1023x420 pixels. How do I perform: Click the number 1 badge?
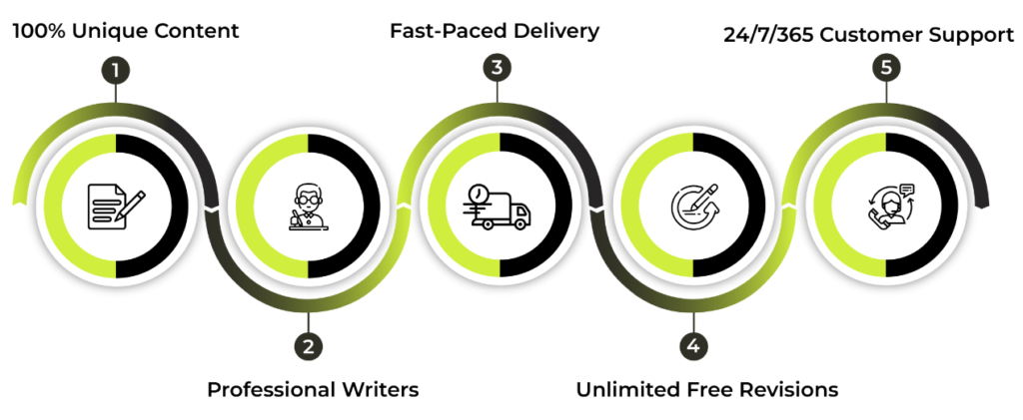(x=116, y=70)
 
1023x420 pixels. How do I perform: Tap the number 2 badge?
(x=308, y=346)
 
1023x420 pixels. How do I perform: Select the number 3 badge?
(x=498, y=68)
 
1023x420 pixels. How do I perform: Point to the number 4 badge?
(x=693, y=345)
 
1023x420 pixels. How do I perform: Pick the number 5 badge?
(x=886, y=68)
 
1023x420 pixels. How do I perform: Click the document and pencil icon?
(x=116, y=206)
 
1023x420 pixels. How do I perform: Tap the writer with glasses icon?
(x=308, y=207)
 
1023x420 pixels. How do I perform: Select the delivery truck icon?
(x=499, y=208)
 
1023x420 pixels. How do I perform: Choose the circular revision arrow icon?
(x=694, y=206)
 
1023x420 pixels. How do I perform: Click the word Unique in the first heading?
(x=112, y=31)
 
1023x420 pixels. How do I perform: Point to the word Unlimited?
(x=628, y=390)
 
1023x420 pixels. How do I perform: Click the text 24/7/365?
(x=768, y=35)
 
